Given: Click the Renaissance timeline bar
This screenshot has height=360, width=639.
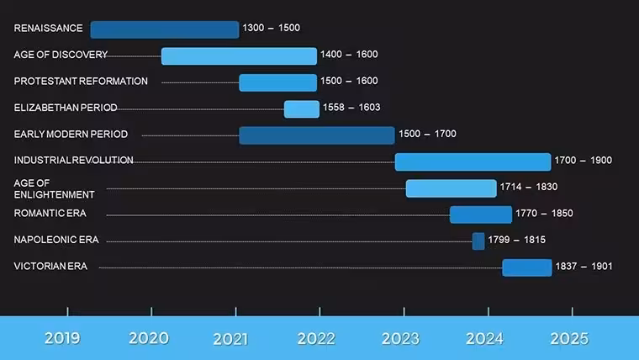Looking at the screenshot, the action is pos(165,29).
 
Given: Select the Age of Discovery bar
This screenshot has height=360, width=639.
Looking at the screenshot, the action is pos(239,56).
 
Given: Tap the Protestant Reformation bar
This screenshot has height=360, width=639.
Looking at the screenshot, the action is pos(278,82).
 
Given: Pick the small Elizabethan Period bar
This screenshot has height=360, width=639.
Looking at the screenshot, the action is pos(302,109).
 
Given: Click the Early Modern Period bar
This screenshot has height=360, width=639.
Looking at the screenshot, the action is pos(317,135).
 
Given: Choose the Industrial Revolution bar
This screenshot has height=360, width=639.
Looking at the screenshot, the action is pos(473,161).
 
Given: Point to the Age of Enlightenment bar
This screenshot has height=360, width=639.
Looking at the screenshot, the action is pos(452,188).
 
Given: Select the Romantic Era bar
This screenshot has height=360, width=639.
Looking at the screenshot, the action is pos(481,214).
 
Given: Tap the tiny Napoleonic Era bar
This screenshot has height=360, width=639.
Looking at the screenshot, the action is pos(478,241).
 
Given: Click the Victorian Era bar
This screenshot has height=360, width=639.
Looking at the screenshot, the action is pos(527,267).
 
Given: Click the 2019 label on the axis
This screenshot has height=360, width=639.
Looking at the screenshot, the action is pos(62,338).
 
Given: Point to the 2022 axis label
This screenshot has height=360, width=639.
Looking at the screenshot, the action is pos(316,338).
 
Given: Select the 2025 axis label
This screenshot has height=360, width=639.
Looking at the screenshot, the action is pos(569,338).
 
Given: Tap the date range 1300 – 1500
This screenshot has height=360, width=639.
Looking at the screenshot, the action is pos(272,28).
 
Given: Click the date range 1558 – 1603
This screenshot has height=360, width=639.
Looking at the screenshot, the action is pos(351,107).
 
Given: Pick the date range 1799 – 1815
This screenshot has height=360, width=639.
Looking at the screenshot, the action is pos(517,240).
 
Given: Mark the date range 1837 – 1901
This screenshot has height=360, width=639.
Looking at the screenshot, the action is pos(584,267).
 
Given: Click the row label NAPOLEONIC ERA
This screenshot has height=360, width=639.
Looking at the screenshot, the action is pos(56,240).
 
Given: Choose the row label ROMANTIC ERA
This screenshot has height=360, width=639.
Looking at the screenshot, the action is pos(50,214).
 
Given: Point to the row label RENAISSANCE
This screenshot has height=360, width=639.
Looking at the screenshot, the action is pos(48,28).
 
